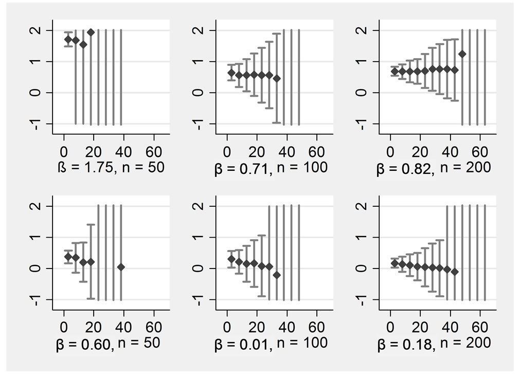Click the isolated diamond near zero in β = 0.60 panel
click(121, 267)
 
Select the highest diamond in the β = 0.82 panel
click(462, 54)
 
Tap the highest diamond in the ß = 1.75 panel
click(91, 32)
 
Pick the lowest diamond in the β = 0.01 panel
click(277, 275)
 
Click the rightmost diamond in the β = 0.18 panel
click(454, 271)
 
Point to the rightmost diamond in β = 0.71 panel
click(277, 79)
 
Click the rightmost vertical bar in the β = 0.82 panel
click(485, 77)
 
